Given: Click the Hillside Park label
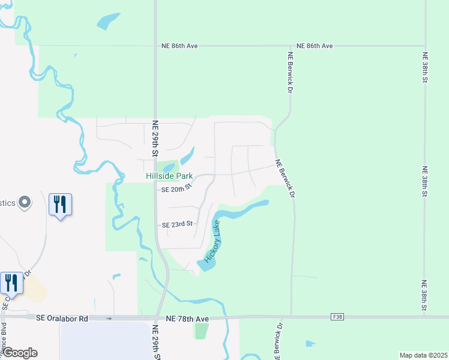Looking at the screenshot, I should point(170,176).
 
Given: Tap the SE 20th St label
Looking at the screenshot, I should point(176,189).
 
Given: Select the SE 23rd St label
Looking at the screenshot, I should point(177,224).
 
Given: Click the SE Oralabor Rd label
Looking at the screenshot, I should point(62,318).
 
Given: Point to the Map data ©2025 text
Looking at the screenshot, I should point(423,355).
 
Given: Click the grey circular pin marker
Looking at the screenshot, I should point(25,203).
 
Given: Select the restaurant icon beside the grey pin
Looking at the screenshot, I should point(60,205).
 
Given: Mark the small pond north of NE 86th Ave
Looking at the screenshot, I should point(107,21).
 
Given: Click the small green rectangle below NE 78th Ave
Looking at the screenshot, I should point(202,331).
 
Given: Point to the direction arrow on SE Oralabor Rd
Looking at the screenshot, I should point(109,318).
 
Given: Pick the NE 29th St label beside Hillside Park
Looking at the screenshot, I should point(155,139).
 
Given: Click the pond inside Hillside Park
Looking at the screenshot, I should point(169,167).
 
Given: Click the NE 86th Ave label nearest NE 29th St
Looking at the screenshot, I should point(179,46).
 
